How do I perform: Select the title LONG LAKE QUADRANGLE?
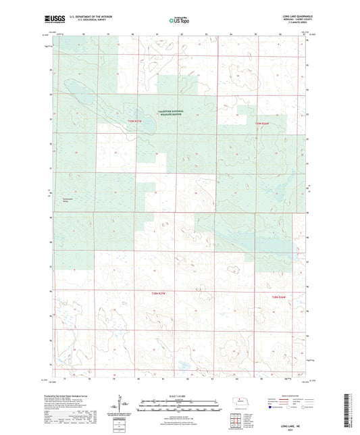(296, 14)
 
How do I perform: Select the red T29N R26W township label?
(262, 124)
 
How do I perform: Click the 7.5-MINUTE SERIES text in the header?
(297, 22)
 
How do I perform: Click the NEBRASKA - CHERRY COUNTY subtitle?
(297, 18)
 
